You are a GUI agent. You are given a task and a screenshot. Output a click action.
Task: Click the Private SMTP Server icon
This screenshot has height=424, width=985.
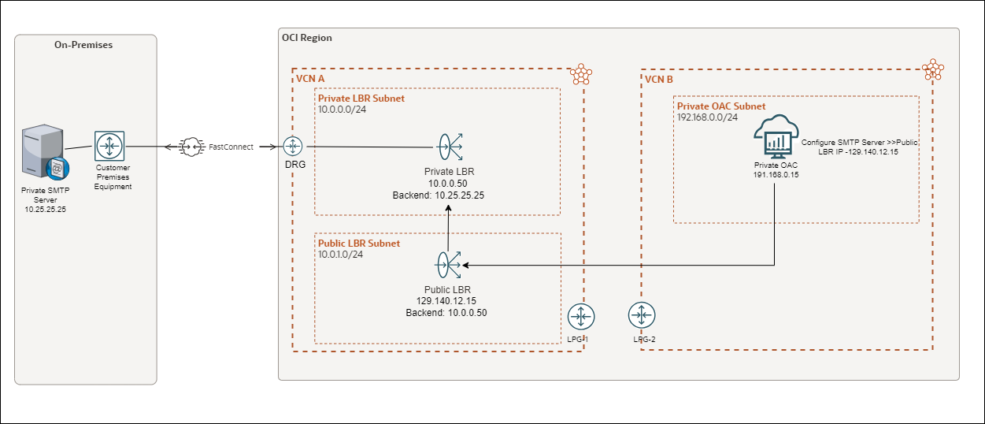point(44,154)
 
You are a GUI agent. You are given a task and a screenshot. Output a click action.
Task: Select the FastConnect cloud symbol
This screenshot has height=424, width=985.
point(191,147)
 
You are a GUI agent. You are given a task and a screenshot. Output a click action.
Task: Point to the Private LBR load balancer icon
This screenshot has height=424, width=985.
point(450,147)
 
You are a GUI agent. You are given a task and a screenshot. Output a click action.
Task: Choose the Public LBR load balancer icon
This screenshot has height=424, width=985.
point(450,266)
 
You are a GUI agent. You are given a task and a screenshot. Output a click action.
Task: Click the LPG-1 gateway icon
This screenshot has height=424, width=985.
point(580,317)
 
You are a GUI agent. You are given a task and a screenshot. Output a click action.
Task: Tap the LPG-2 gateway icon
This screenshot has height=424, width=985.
point(642,317)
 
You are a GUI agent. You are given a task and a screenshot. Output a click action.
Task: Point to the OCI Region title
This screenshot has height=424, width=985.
point(307,38)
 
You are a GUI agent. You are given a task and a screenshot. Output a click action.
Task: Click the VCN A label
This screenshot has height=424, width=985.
point(309,80)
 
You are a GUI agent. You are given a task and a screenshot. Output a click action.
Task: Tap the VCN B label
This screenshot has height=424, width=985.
point(658,80)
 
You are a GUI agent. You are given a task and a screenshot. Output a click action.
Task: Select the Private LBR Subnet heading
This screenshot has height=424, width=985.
point(361,99)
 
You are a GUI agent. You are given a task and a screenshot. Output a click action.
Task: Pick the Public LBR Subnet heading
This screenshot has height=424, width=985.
point(358,244)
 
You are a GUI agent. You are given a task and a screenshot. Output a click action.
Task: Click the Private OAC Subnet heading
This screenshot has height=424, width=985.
point(721,106)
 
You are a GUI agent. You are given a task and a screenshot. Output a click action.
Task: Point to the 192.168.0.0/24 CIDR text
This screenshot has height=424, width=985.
point(707,117)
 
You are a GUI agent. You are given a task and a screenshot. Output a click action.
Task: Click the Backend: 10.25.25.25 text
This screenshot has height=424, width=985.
point(449,194)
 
